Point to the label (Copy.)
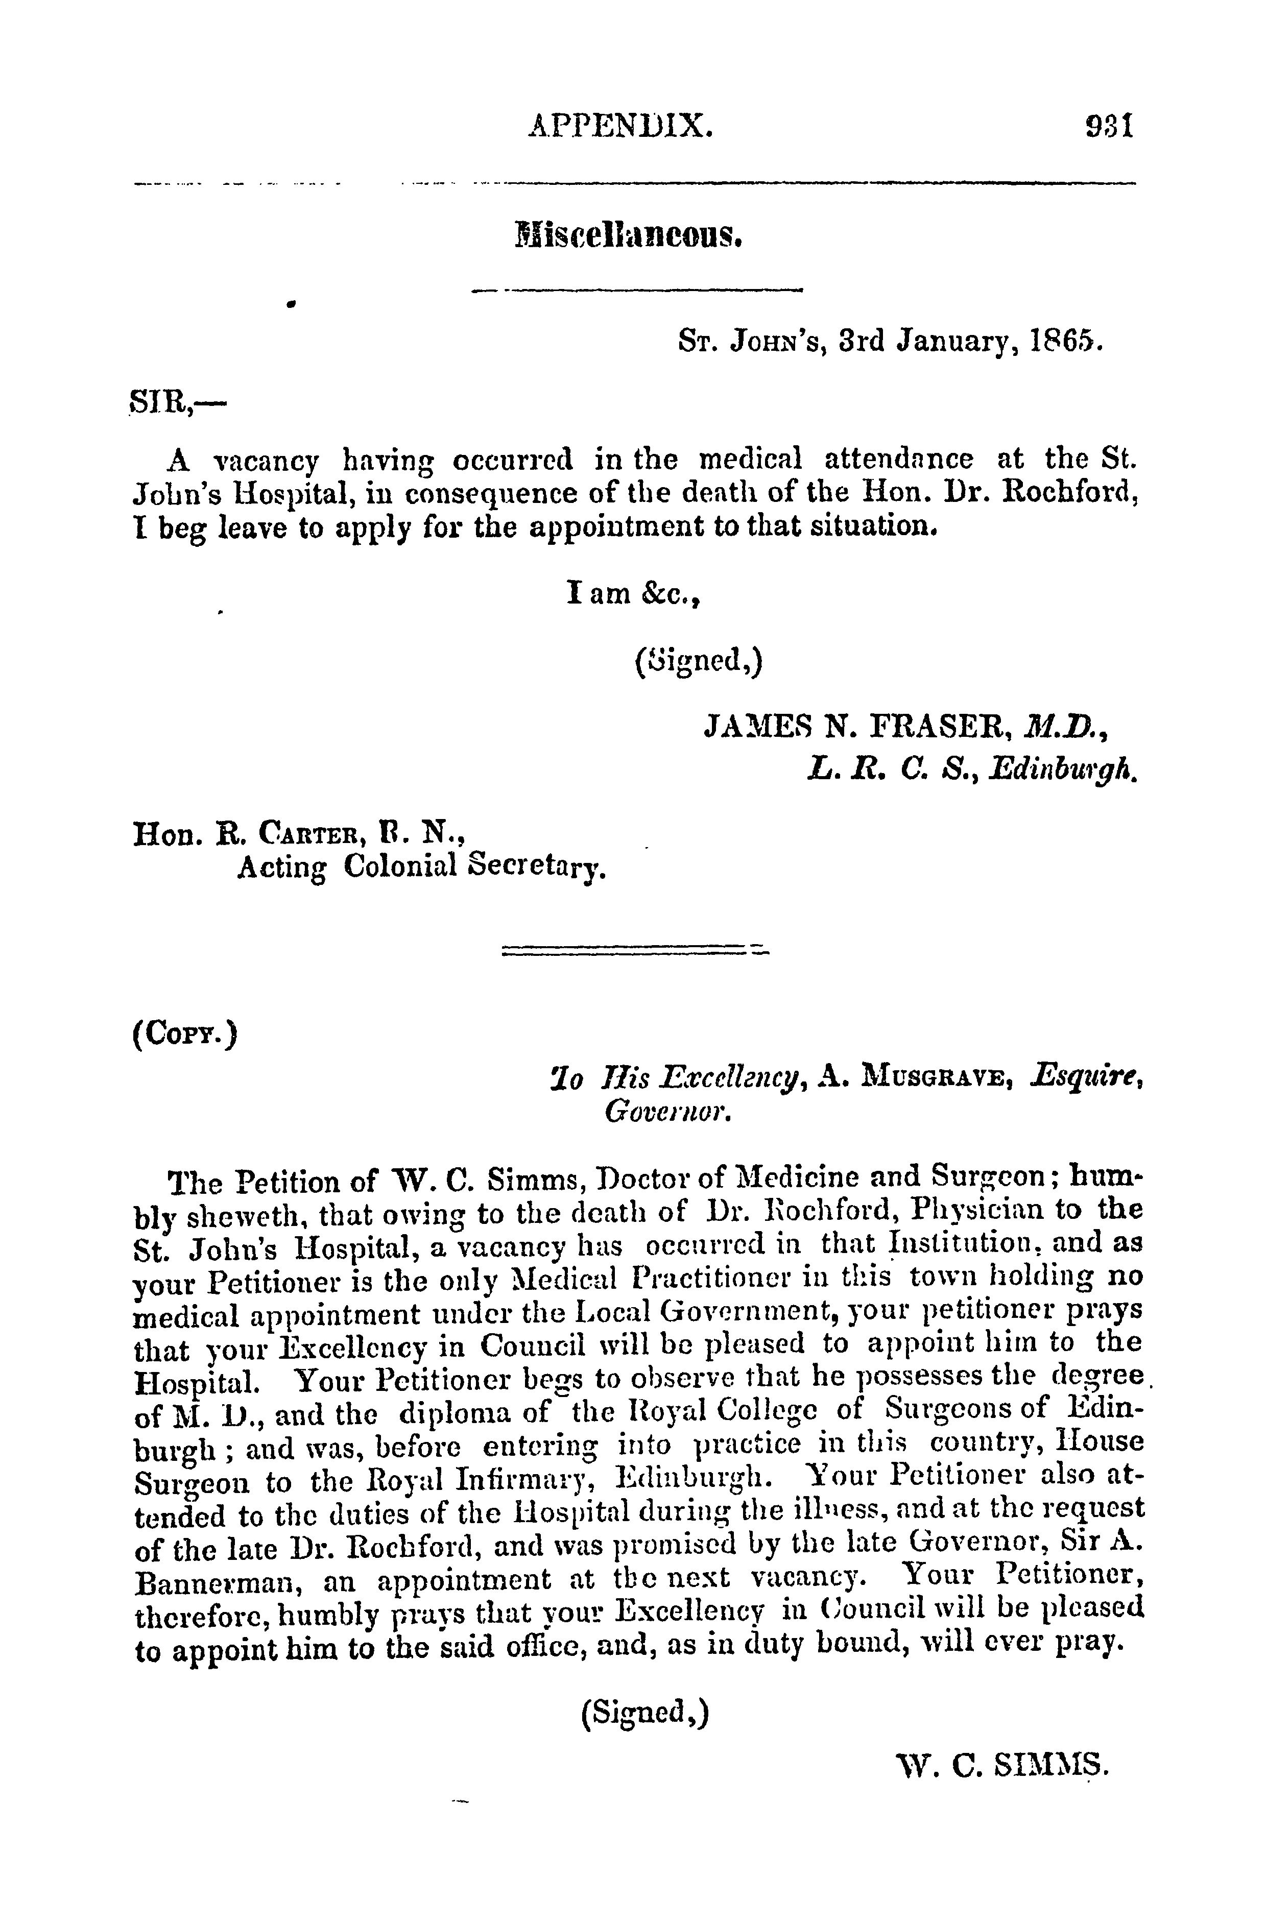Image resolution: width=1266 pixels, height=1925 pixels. coord(184,1036)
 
